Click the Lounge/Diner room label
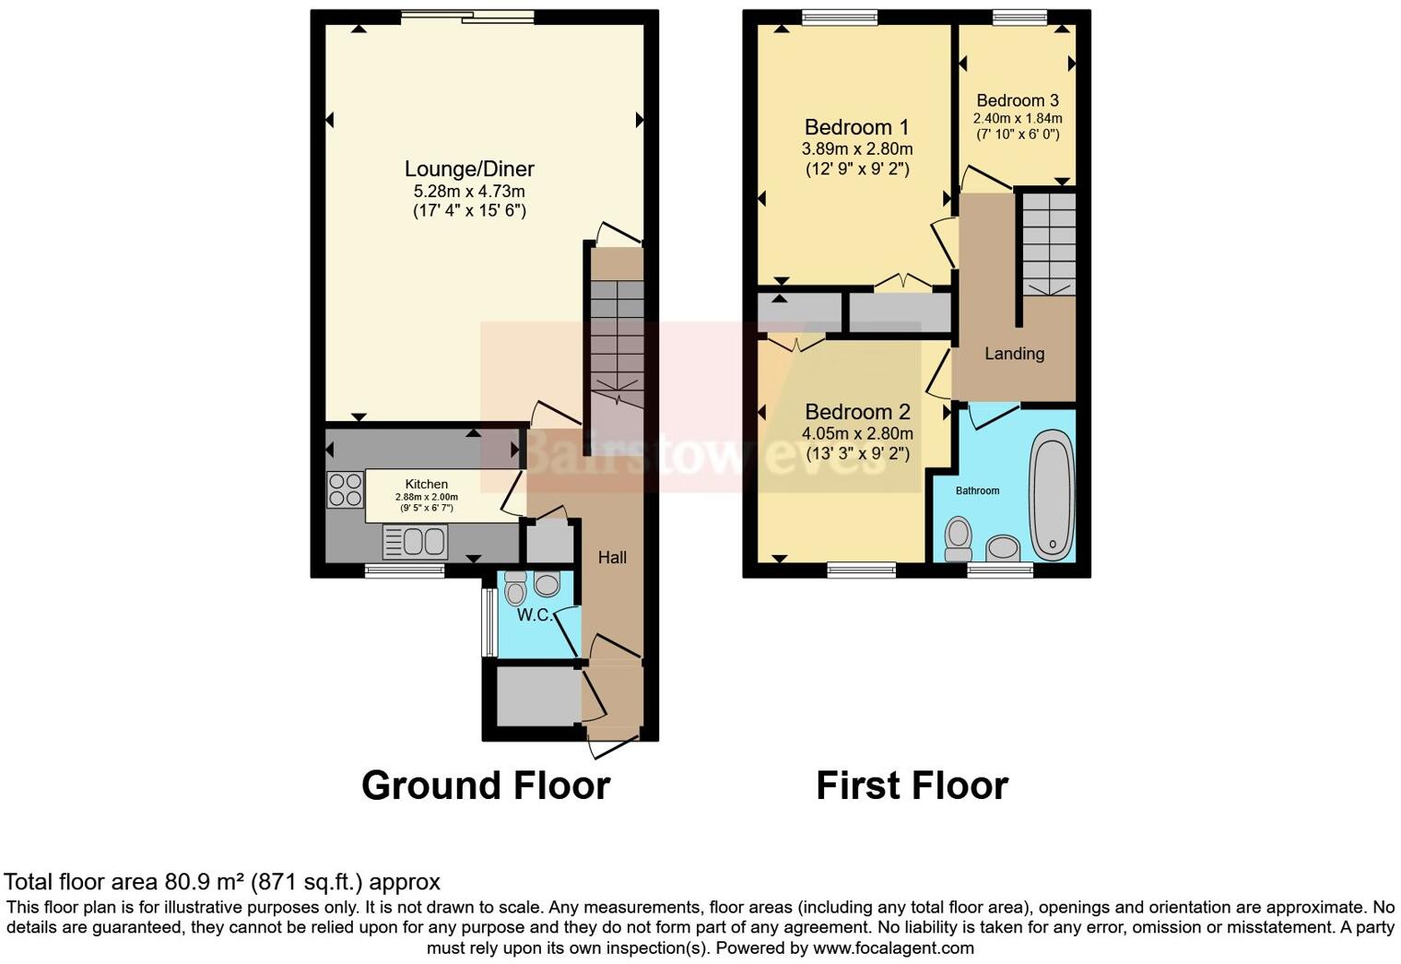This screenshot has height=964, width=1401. click(469, 170)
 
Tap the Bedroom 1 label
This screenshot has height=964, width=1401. click(856, 127)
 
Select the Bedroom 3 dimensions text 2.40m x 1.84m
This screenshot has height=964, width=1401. click(1018, 118)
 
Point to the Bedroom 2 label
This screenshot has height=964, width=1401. click(857, 412)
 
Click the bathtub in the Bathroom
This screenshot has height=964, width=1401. click(1052, 494)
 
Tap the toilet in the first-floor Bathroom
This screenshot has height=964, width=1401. click(959, 538)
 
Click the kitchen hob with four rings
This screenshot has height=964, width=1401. click(345, 489)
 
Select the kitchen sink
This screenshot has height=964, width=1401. click(416, 541)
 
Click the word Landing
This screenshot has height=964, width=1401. click(1014, 354)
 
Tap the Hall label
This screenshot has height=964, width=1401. click(612, 558)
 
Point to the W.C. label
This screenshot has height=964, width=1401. click(534, 615)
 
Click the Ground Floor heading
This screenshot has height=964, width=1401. click(486, 786)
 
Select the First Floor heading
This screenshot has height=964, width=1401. click(912, 786)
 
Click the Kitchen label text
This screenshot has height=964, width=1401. click(427, 484)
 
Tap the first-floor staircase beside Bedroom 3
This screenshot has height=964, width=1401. click(1049, 243)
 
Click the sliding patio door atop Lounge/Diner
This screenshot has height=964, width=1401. click(467, 16)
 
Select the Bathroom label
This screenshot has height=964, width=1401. click(977, 490)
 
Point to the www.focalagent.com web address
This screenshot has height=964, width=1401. click(892, 947)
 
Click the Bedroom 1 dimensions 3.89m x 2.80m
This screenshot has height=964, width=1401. click(856, 149)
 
